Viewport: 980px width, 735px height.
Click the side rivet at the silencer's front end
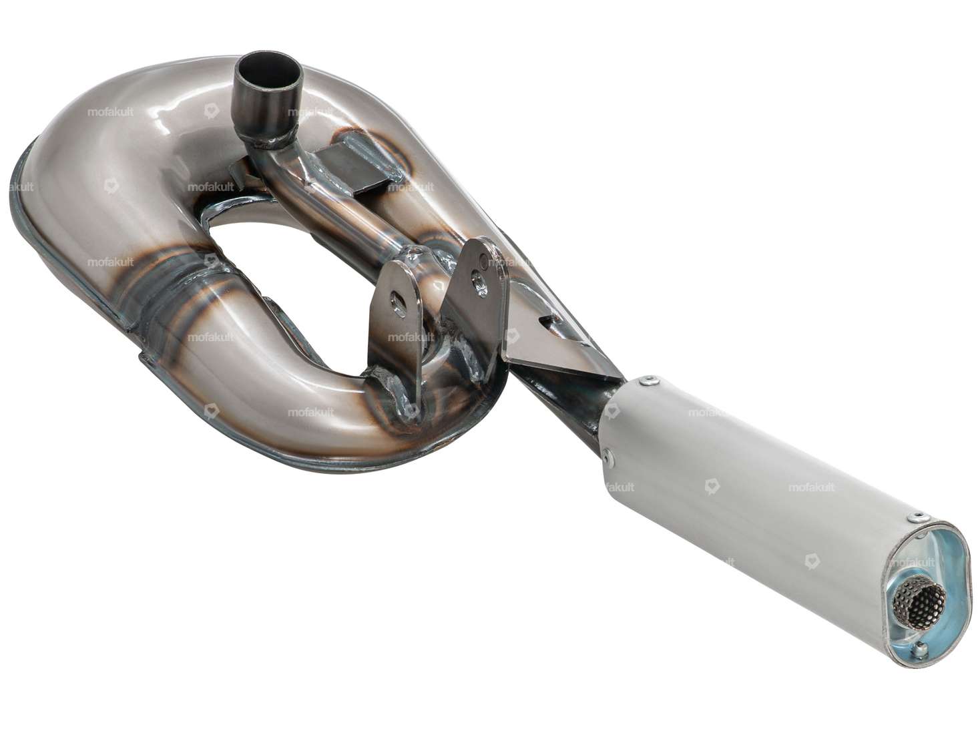point(608,457)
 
